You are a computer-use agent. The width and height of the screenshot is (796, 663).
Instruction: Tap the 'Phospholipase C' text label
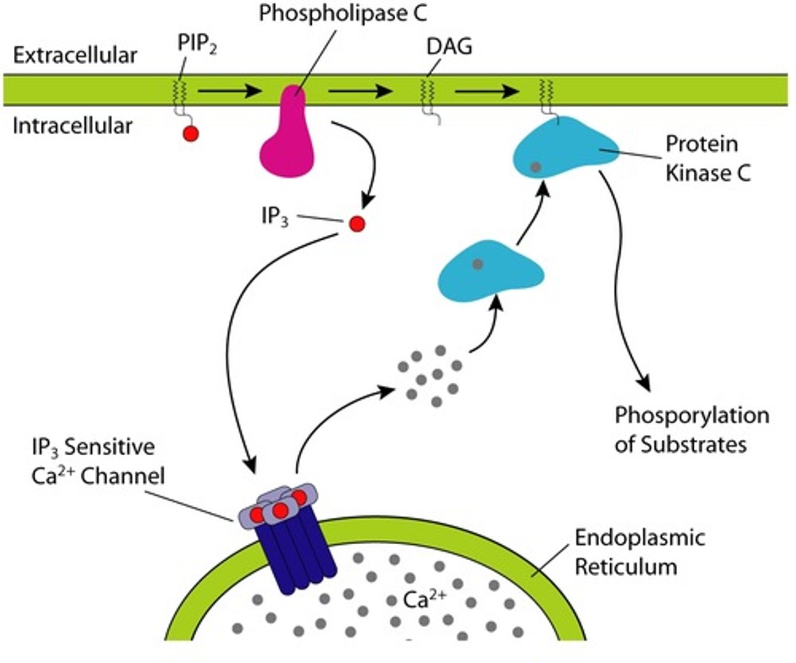pos(343,13)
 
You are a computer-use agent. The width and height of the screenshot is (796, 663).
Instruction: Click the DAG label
pos(449,47)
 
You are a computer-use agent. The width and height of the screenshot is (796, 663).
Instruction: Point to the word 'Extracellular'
pos(75,55)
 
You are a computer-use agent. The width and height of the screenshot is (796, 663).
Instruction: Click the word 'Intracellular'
pos(72,126)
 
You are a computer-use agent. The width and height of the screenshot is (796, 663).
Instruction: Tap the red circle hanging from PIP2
pos(191,134)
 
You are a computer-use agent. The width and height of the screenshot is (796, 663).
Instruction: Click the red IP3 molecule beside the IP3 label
pos(357,224)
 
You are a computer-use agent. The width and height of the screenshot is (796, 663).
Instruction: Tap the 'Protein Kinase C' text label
pos(707,158)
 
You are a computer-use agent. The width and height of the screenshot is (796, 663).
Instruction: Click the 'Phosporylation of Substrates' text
pos(691,430)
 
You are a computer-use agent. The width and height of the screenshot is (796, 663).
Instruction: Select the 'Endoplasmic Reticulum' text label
pos(640,552)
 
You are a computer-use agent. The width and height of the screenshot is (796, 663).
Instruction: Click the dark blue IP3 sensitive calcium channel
pos(298,558)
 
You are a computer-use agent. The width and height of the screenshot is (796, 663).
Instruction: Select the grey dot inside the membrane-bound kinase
pos(535,166)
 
